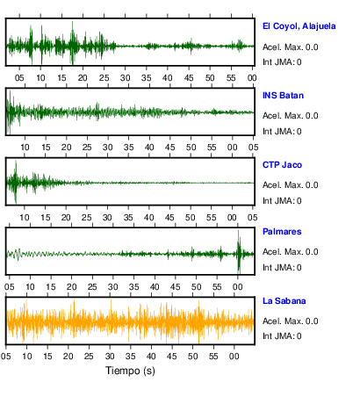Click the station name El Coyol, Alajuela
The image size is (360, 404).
click(x=299, y=26)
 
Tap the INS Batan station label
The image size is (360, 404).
click(x=283, y=96)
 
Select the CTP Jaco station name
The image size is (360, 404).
click(x=282, y=165)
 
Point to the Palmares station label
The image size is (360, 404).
click(x=282, y=232)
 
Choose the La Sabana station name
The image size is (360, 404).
click(x=284, y=301)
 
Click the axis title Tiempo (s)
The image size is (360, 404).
click(x=130, y=371)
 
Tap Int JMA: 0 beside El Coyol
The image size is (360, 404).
click(x=282, y=62)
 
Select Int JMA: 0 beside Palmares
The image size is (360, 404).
click(x=282, y=268)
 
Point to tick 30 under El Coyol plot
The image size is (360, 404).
click(x=125, y=78)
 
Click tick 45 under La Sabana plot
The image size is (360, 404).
click(x=172, y=357)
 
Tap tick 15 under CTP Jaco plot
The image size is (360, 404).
click(x=45, y=218)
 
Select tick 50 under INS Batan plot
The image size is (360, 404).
click(x=191, y=147)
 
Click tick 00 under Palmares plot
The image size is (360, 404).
click(x=238, y=287)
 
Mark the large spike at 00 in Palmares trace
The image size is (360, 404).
click(x=239, y=252)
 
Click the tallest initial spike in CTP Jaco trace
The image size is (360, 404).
click(x=16, y=182)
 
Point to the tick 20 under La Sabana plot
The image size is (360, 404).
click(x=68, y=357)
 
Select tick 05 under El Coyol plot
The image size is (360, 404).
click(x=19, y=78)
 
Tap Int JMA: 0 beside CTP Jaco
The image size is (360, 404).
click(x=282, y=201)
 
